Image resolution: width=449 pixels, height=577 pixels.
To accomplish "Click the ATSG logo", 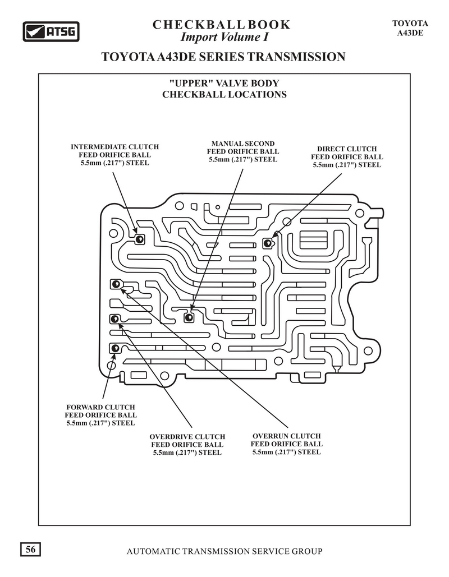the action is [x=51, y=31].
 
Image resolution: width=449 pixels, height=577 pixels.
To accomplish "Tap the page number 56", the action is [x=30, y=550].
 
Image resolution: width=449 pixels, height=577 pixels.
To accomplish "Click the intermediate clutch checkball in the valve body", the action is [x=139, y=239].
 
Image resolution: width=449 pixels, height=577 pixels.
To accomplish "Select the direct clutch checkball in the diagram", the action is [x=267, y=243].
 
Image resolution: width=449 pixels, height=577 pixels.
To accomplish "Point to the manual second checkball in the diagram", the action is [x=189, y=317].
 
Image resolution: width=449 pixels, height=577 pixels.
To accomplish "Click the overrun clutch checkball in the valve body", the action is [x=116, y=284].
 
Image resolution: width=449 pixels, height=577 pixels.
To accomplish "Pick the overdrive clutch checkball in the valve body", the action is [x=114, y=318].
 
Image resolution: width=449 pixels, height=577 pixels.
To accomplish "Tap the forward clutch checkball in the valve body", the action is [x=114, y=348].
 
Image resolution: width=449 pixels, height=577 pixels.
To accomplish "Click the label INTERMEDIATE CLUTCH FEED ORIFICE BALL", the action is [x=114, y=155].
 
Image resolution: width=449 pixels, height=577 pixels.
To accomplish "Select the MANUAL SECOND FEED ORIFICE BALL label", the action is [x=243, y=151].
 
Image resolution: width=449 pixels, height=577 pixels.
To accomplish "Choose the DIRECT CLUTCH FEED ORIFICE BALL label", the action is [x=347, y=157].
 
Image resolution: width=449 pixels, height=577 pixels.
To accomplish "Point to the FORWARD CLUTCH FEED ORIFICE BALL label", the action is [x=100, y=415].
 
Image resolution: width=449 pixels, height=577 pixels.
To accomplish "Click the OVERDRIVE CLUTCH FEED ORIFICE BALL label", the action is [x=187, y=445].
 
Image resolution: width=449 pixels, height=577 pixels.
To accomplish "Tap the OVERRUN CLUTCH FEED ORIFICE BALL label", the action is [x=287, y=444].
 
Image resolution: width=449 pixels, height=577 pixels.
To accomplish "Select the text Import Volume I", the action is [x=224, y=37].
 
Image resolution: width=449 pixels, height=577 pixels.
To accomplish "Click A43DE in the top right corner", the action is [x=410, y=33].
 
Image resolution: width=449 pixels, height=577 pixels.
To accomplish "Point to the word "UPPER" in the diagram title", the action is [x=191, y=83].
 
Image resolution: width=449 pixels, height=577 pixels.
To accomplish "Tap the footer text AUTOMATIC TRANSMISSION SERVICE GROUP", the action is [x=224, y=551].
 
